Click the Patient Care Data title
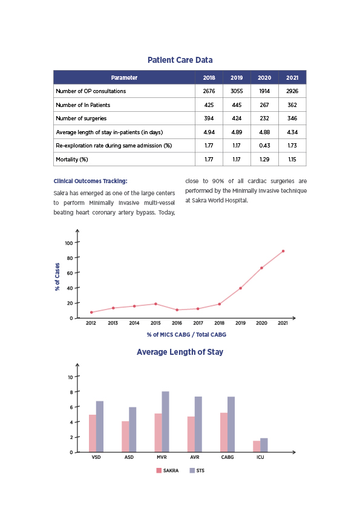point(180,60)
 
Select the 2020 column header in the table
point(264,77)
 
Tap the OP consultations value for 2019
point(237,91)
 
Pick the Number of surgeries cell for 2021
point(292,118)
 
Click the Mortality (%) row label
point(72,160)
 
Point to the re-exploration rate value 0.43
point(264,146)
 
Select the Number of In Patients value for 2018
point(209,105)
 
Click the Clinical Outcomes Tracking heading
point(91,181)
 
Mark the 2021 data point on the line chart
point(283,251)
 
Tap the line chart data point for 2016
point(177,310)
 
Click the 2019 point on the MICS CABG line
point(240,288)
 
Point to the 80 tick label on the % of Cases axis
point(70,258)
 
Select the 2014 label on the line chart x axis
point(134,323)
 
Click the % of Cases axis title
point(57,277)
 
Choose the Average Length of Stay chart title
point(180,352)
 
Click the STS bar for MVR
point(165,422)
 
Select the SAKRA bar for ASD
point(125,436)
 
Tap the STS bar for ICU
point(264,445)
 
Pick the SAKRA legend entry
point(168,470)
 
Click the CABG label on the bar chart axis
point(227,457)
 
